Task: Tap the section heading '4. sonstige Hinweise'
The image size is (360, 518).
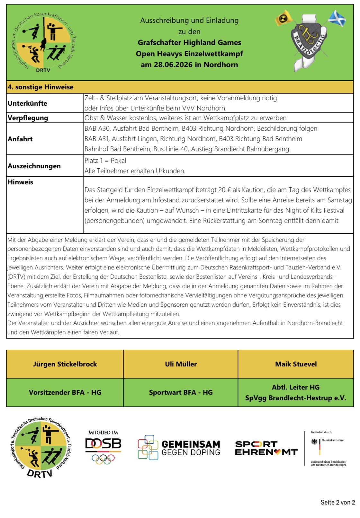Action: coord(40,87)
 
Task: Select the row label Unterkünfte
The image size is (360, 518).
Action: coord(28,103)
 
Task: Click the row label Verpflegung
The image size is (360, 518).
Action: coord(28,118)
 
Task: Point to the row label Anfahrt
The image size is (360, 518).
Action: coord(20,139)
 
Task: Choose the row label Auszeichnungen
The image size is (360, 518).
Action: coord(34,166)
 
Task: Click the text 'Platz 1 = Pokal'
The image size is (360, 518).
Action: coord(105,161)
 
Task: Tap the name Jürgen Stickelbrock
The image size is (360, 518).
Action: coord(65,364)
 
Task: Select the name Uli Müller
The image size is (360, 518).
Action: coord(181,364)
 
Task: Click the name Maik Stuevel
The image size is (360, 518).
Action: coord(296,364)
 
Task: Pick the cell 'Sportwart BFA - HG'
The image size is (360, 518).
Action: coord(181,392)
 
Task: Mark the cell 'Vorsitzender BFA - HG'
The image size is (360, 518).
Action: coord(65,392)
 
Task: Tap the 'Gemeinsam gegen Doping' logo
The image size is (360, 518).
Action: coord(179,448)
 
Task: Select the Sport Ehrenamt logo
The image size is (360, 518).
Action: coord(266,448)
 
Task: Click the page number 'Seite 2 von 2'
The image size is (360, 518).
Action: coord(337,503)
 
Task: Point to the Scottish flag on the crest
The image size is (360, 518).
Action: coord(337,18)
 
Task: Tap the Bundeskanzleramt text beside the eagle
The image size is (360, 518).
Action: coord(333,440)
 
